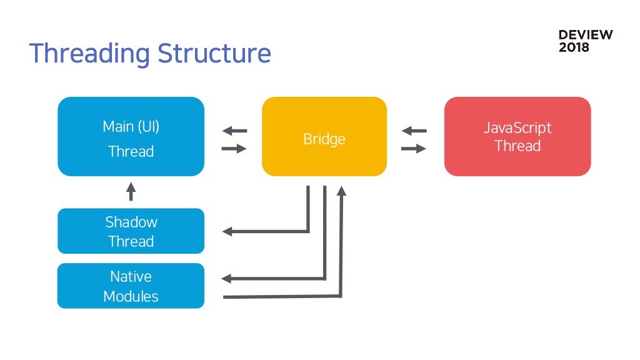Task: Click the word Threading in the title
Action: point(90,54)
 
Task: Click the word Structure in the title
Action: point(214,53)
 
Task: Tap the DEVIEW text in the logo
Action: point(586,35)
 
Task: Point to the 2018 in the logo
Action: point(574,47)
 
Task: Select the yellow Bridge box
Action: point(324,136)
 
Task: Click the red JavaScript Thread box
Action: point(517,136)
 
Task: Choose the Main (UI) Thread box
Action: point(131,136)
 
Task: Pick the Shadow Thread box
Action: point(131,231)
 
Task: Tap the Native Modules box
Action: point(131,286)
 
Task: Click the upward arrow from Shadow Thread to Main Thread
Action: point(131,191)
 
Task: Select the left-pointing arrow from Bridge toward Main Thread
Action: point(235,131)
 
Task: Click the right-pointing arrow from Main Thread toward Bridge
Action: point(234,149)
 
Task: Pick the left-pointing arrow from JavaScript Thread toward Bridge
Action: point(414,131)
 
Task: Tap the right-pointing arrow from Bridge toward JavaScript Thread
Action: point(414,149)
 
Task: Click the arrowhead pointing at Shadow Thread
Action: point(227,231)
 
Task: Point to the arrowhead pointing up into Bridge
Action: point(342,191)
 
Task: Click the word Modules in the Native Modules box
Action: point(131,296)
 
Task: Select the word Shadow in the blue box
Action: point(131,222)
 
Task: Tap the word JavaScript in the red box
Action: point(517,128)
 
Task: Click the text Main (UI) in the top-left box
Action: point(131,126)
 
